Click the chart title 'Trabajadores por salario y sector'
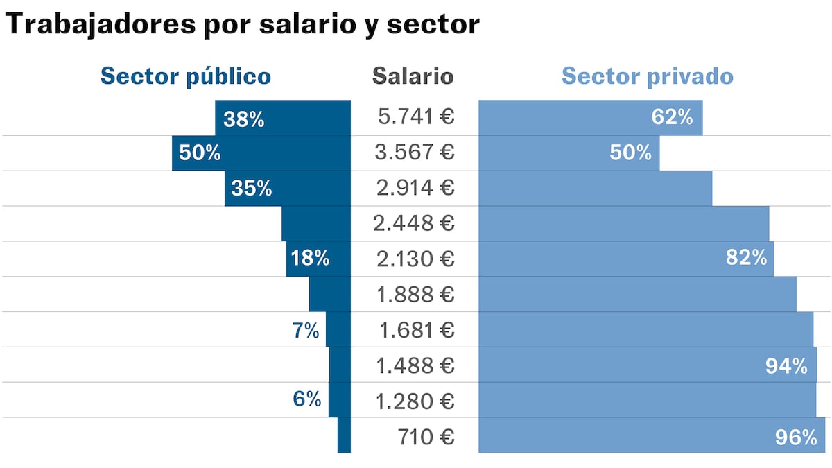click(242, 25)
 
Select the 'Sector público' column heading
click(186, 76)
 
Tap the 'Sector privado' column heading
click(647, 76)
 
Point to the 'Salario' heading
click(413, 76)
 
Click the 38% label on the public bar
click(244, 119)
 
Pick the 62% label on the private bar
click(672, 117)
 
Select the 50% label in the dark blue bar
click(200, 153)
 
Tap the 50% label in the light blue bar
click(630, 153)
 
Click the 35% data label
click(252, 188)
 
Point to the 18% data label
click(310, 259)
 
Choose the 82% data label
click(746, 259)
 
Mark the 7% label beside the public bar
click(305, 331)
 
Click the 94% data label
click(786, 366)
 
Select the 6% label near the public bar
click(306, 399)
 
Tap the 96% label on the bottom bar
click(796, 437)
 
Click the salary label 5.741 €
click(416, 117)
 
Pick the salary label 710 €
click(426, 437)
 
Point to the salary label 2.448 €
click(413, 223)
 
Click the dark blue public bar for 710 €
click(344, 435)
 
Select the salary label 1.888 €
click(415, 295)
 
